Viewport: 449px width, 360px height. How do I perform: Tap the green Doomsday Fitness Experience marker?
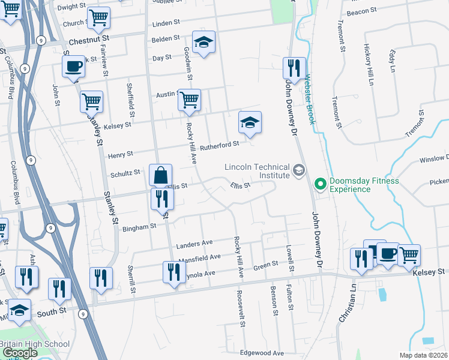[x=320, y=184]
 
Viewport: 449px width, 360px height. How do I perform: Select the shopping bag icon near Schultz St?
[x=160, y=176]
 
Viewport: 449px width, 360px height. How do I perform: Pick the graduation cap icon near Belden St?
[x=203, y=42]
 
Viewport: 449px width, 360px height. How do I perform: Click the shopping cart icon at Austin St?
[x=189, y=99]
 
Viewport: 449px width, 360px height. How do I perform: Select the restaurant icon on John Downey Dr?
[x=294, y=68]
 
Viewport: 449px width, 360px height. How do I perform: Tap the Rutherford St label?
[x=220, y=145]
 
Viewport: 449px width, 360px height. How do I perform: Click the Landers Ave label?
[x=195, y=243]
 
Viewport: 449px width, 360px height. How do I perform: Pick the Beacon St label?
[x=362, y=11]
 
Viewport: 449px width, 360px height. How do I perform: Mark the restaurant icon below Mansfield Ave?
[x=172, y=272]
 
